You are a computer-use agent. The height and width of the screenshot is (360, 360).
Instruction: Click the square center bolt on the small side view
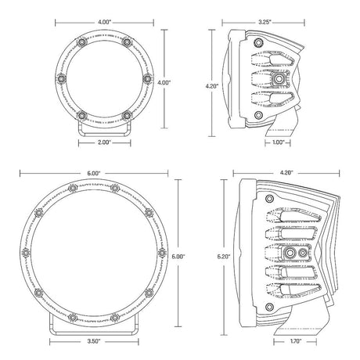[278, 80]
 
